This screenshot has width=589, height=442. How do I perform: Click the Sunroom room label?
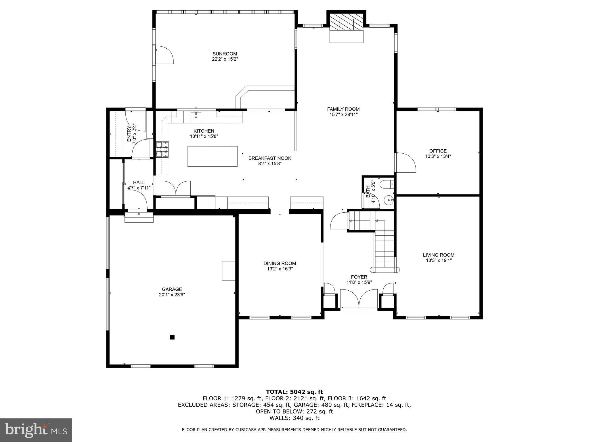click(225, 54)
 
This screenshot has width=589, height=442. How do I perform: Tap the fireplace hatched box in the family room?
click(346, 22)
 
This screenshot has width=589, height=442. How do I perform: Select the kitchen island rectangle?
click(212, 156)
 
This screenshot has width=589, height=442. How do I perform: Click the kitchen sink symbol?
click(196, 117)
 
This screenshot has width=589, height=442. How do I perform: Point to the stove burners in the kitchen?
click(162, 149)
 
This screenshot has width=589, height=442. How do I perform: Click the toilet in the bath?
click(387, 184)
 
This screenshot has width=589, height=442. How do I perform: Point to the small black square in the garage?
click(172, 337)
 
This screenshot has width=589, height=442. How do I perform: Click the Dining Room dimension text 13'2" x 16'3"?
click(280, 269)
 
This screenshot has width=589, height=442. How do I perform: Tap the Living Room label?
click(438, 255)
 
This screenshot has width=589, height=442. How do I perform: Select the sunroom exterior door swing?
click(164, 55)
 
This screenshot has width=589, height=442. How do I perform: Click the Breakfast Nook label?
click(269, 158)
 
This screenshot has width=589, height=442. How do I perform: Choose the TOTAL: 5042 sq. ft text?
click(294, 392)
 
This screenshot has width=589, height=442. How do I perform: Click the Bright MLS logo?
click(36, 430)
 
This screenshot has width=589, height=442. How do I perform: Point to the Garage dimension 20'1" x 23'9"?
click(172, 295)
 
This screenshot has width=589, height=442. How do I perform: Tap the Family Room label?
click(343, 109)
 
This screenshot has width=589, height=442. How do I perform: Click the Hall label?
click(139, 182)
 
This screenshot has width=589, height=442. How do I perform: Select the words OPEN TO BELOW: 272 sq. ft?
click(294, 411)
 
